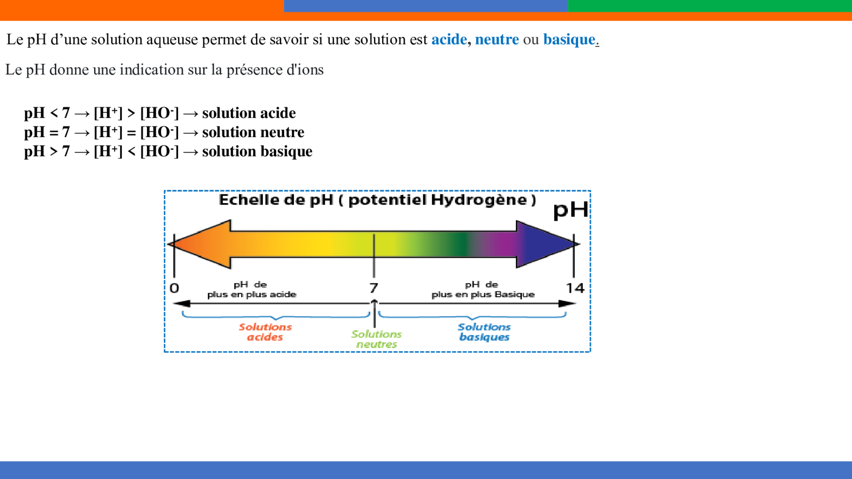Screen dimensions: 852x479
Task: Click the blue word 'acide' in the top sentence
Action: tap(449, 39)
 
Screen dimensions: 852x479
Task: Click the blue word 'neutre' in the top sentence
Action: tap(497, 39)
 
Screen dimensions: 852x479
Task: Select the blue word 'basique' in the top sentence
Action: tap(569, 40)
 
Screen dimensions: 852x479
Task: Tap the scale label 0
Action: tap(175, 288)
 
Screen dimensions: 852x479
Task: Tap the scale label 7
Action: tap(373, 288)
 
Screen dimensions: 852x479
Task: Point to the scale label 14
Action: tap(575, 288)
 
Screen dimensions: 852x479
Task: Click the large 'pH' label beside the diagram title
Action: tap(571, 210)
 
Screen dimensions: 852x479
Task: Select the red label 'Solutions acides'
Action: tap(265, 332)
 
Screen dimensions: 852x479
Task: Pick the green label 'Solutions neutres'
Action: tap(376, 339)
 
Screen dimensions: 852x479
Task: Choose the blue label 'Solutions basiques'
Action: tap(484, 332)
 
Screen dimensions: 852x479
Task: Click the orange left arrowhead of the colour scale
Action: tap(199, 244)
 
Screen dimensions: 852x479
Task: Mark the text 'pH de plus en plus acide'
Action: tap(252, 289)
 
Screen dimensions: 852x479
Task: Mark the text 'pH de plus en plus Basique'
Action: tap(483, 289)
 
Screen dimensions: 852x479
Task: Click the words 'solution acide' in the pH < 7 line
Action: tap(249, 113)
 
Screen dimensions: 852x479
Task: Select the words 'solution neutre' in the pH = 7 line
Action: tap(253, 132)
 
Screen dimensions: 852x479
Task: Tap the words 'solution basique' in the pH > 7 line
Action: tap(257, 152)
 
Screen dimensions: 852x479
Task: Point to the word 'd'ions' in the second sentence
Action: tap(305, 70)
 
